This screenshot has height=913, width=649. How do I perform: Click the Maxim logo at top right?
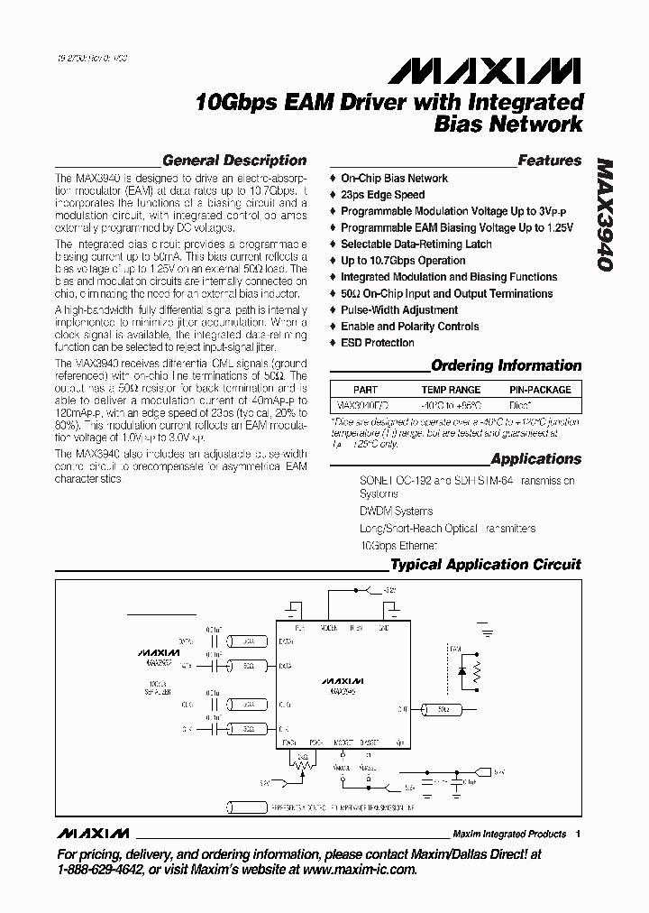[516, 70]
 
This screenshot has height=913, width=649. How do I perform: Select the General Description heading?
[234, 161]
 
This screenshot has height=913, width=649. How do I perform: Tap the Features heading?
[550, 161]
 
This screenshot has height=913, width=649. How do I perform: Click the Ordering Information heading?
[506, 365]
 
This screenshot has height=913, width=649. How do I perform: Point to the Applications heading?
[536, 458]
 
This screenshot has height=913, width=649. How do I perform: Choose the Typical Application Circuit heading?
[485, 565]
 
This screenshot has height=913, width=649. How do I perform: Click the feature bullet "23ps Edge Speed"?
[382, 195]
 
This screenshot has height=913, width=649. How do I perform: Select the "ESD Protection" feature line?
[378, 343]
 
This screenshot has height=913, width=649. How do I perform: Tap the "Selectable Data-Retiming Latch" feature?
[416, 244]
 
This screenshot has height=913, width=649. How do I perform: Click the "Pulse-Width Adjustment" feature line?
[399, 310]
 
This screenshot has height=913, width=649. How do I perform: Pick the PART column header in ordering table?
[365, 390]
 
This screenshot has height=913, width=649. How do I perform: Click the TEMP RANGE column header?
[451, 390]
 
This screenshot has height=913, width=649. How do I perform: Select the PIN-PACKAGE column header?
[540, 390]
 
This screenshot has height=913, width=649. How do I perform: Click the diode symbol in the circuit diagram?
[462, 671]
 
